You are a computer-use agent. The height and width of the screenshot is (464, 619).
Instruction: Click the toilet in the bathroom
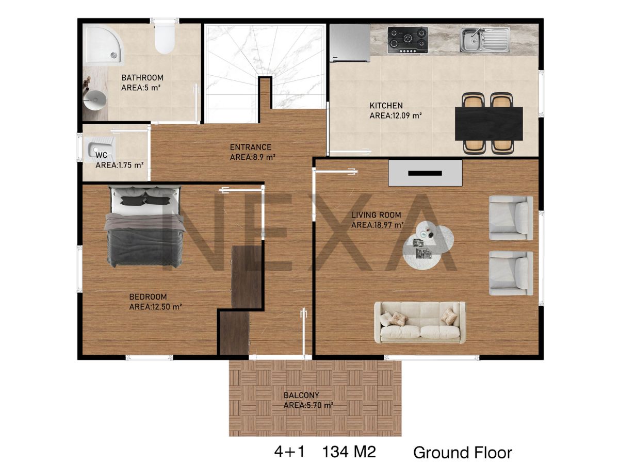click(x=165, y=39)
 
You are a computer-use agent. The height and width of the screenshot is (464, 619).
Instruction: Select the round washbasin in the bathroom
click(x=95, y=100)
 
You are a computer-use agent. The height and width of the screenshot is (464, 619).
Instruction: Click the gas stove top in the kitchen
click(x=408, y=40)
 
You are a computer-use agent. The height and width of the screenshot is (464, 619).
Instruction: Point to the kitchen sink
click(x=484, y=40)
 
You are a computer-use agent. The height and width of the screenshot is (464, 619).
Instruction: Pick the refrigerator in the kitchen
click(x=350, y=43)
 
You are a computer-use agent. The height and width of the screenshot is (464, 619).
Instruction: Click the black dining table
click(x=488, y=123)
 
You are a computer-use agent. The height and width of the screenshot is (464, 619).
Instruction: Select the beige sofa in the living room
click(x=420, y=323)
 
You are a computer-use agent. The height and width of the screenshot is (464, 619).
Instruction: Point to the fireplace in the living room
click(x=425, y=173)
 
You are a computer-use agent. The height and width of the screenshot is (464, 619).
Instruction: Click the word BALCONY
click(x=301, y=395)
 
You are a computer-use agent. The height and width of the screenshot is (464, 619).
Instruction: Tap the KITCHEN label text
click(x=386, y=106)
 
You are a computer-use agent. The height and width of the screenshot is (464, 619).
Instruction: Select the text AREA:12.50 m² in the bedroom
click(x=155, y=307)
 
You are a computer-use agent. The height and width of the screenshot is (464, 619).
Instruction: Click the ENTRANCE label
click(x=250, y=147)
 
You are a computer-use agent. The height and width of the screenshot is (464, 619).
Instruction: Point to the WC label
click(x=101, y=155)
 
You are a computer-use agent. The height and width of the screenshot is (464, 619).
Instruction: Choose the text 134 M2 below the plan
click(x=349, y=452)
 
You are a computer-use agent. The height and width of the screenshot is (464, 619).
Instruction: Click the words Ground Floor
click(x=463, y=453)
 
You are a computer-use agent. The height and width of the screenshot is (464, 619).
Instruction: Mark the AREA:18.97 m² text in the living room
click(x=377, y=225)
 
